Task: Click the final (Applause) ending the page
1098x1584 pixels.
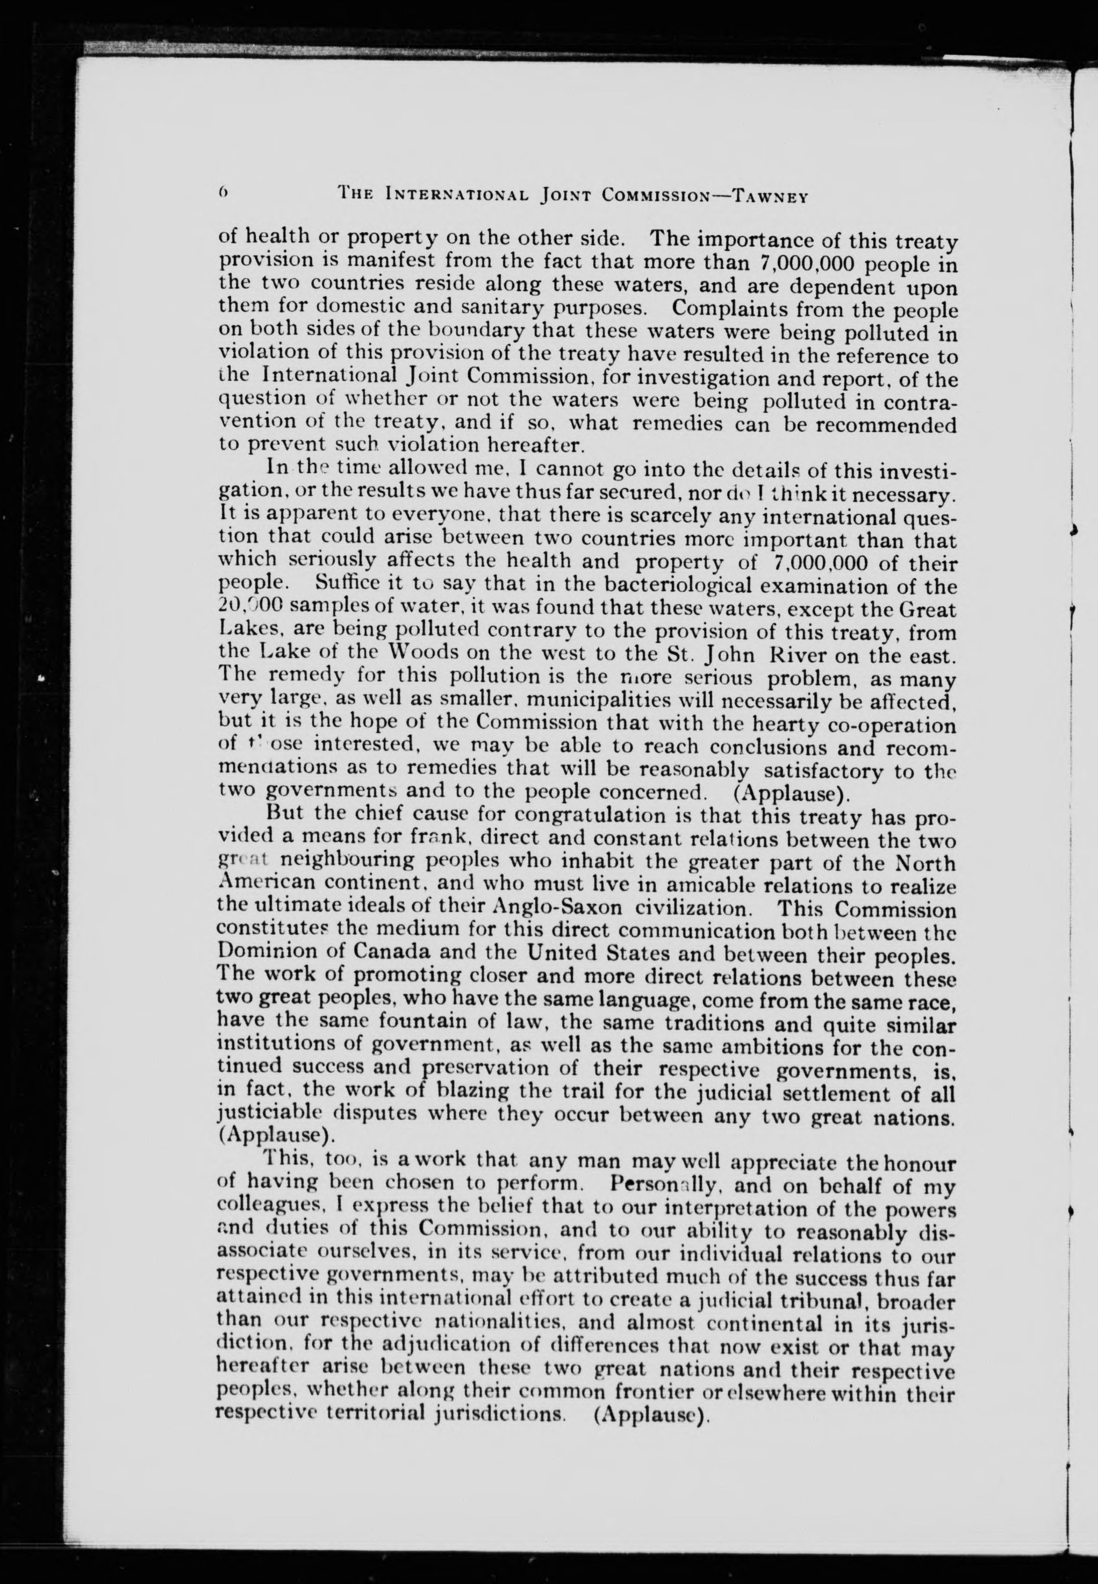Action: (x=650, y=1414)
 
